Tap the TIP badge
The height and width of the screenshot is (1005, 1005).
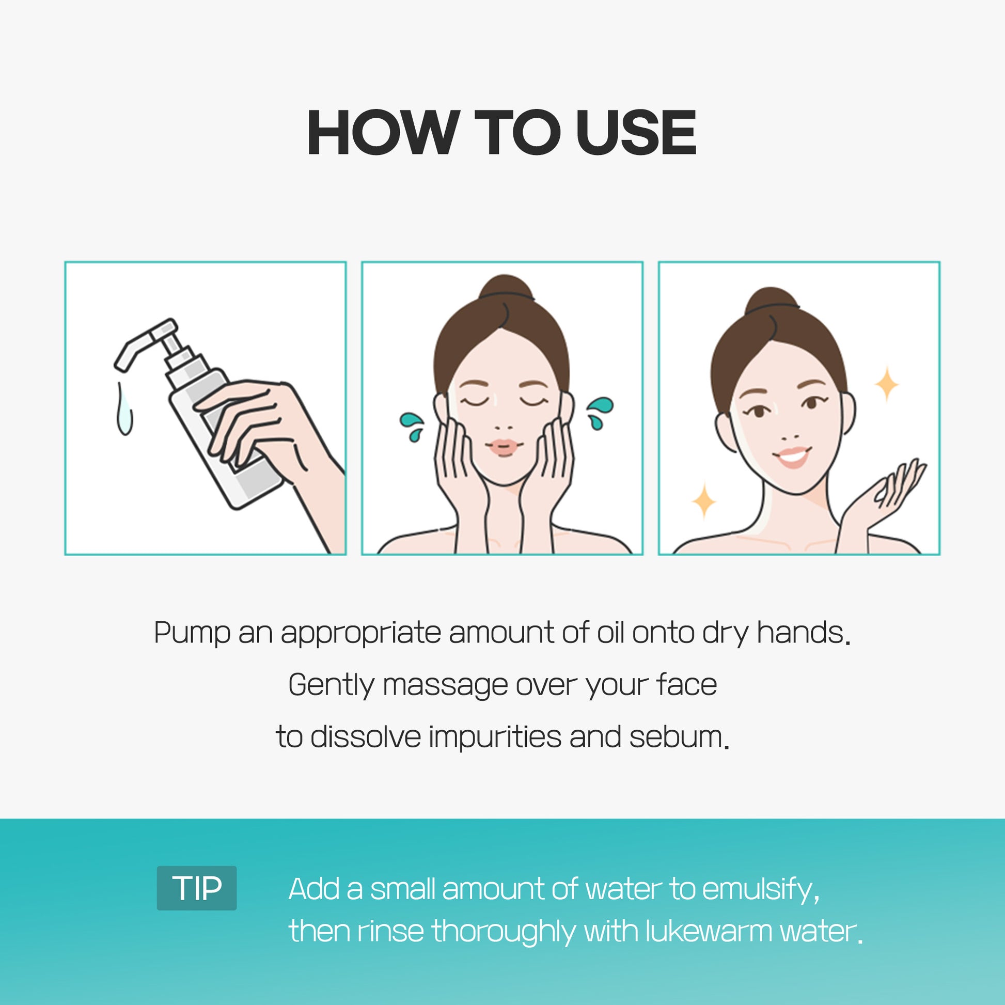[197, 888]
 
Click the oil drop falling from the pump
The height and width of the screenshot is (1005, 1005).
[124, 409]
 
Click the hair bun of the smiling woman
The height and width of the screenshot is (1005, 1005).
[772, 301]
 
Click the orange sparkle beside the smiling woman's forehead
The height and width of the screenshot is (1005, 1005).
[887, 385]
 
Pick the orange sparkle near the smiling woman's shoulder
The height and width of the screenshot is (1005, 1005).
[704, 501]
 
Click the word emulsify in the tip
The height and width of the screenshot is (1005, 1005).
[761, 889]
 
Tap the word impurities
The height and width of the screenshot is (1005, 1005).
[495, 737]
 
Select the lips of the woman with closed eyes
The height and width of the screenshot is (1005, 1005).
[503, 447]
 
